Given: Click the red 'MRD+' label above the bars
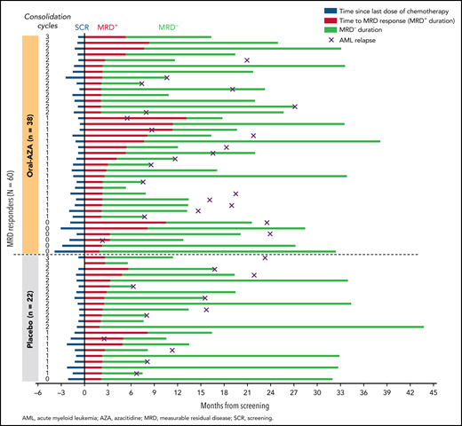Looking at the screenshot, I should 110,28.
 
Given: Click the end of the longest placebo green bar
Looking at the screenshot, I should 423,327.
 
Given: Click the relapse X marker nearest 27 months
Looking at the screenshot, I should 294,106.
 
